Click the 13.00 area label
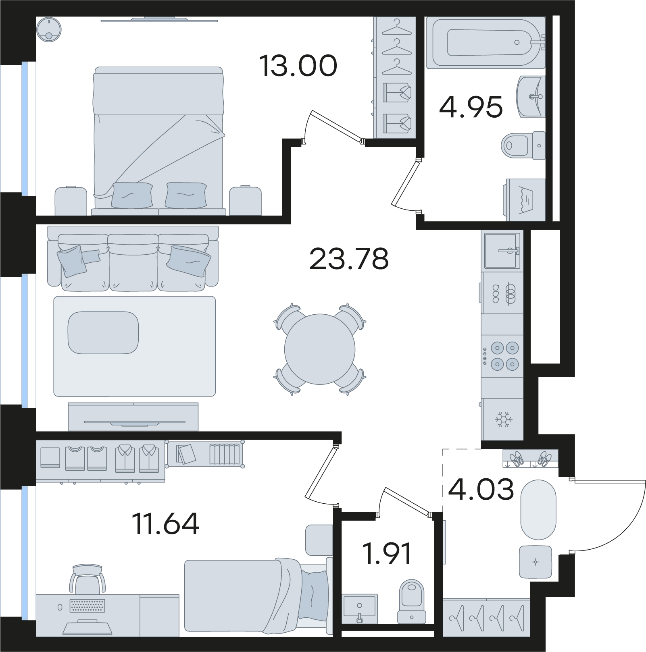[298, 66]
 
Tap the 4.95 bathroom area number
[471, 107]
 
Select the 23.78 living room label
[349, 259]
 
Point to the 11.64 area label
[166, 523]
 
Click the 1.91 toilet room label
[387, 553]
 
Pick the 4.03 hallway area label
[481, 489]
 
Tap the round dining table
[320, 349]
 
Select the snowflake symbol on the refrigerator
[504, 419]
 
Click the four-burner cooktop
[502, 356]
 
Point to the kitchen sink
[502, 251]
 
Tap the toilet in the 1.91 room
[412, 601]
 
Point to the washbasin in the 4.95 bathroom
[531, 97]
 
